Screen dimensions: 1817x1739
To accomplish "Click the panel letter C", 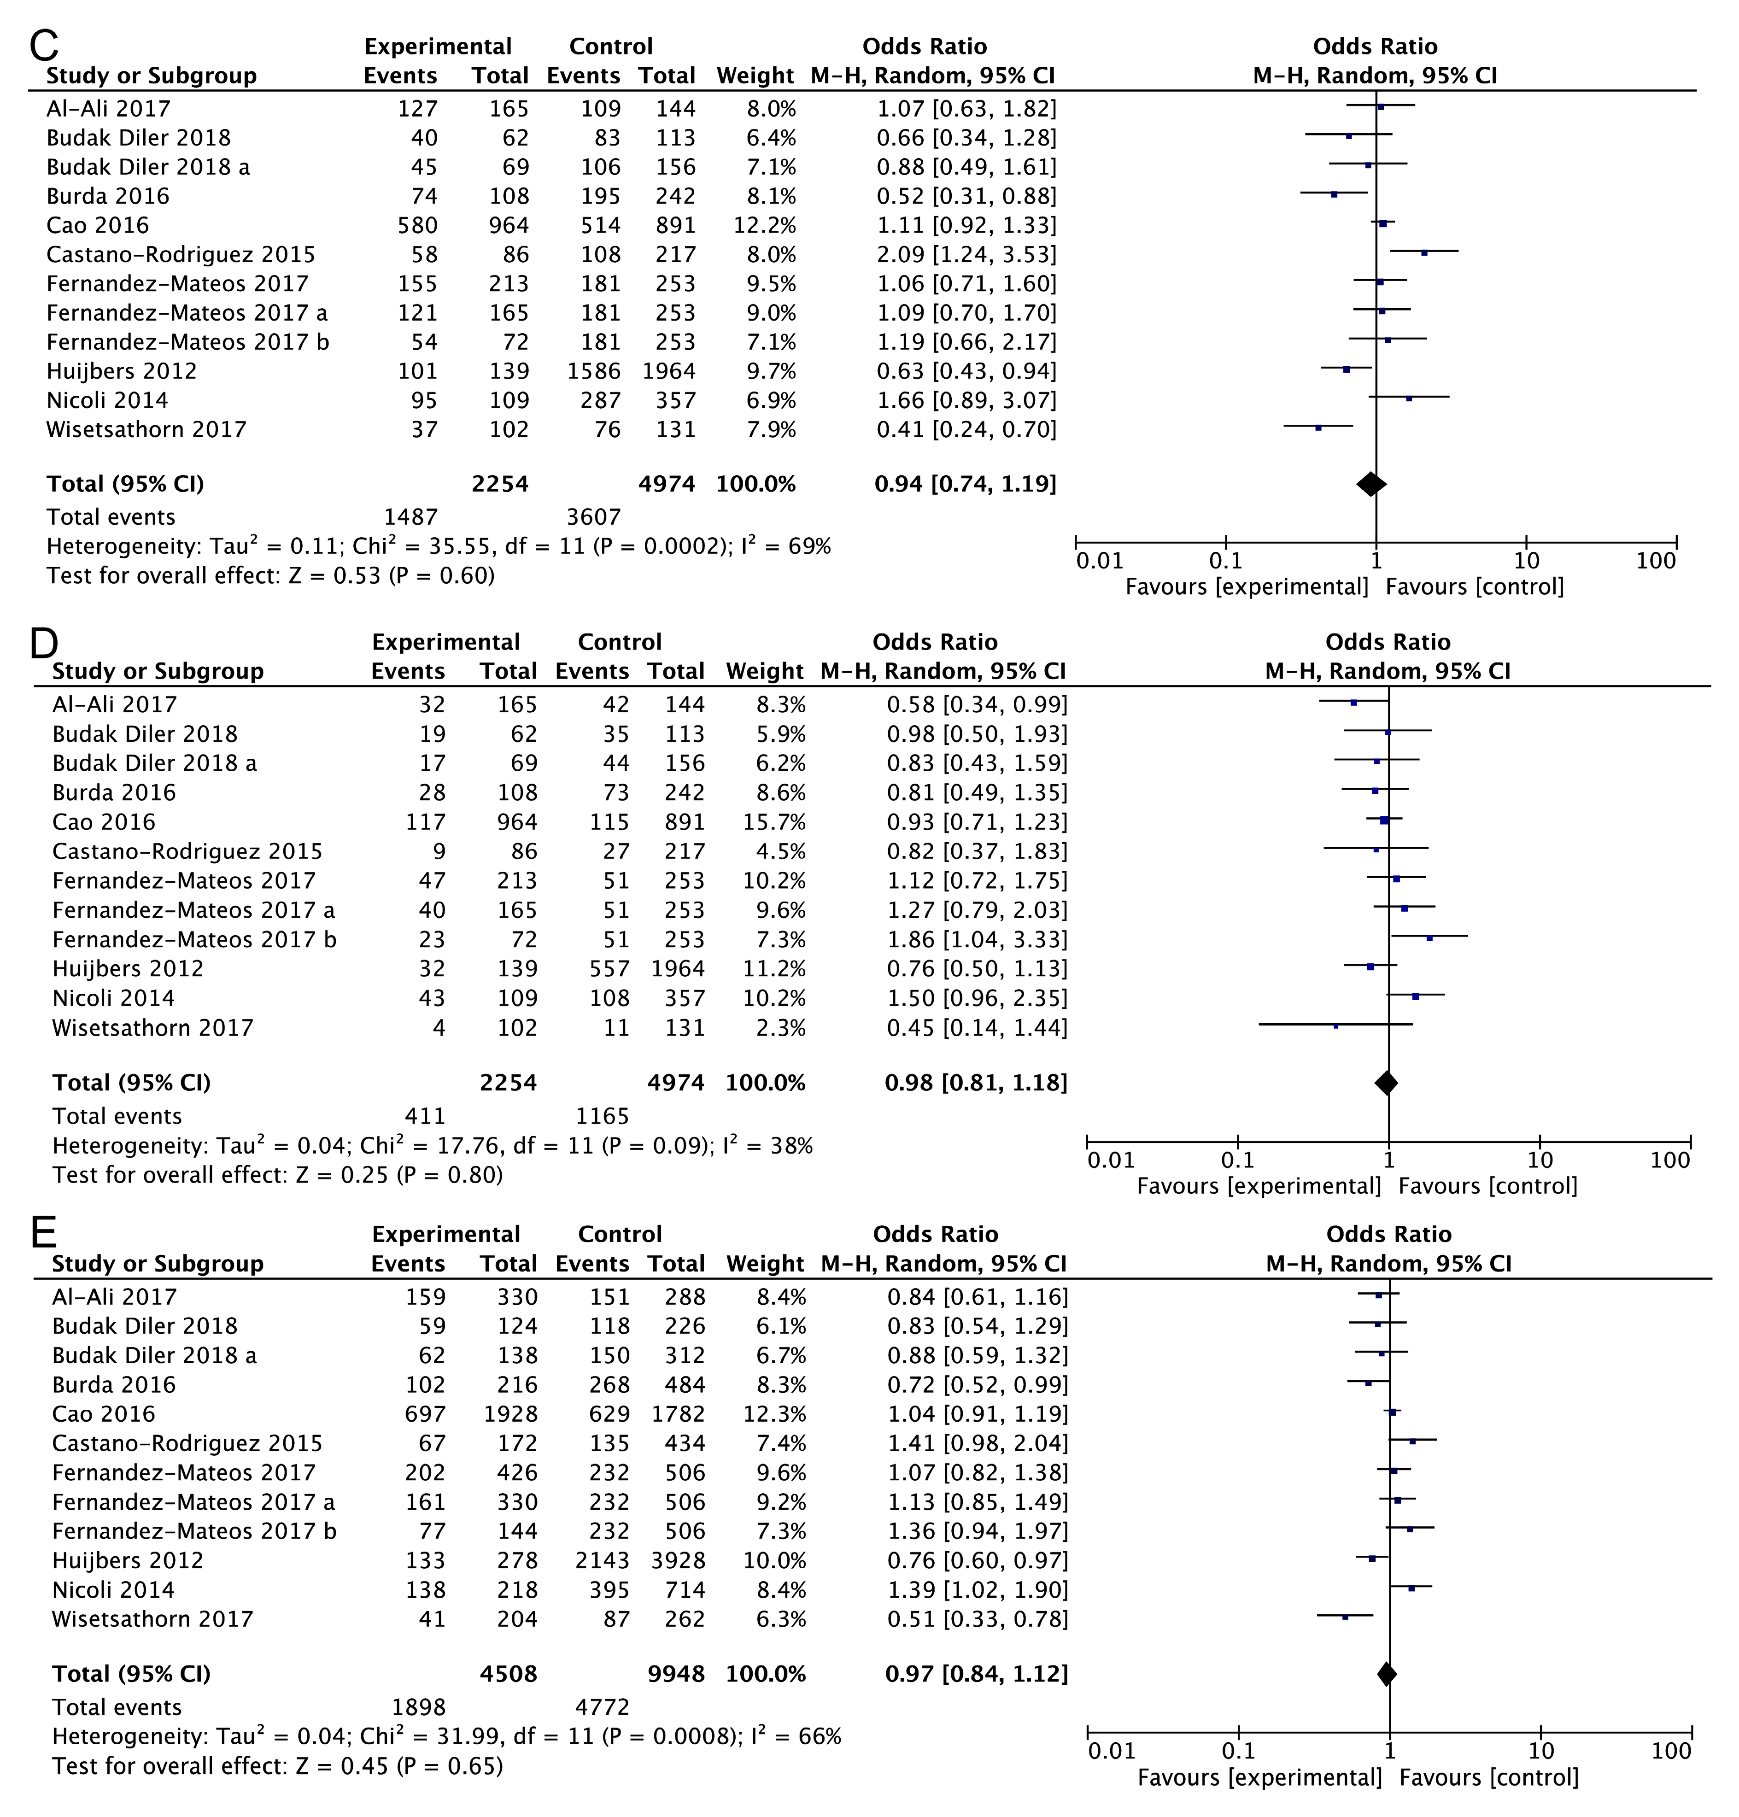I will [45, 45].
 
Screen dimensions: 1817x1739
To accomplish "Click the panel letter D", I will [45, 642].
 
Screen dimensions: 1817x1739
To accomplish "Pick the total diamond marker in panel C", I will [1371, 484].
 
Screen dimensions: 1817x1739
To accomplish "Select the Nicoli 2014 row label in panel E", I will [113, 1590].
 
